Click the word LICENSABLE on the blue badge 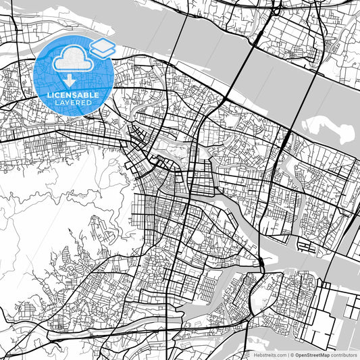[x=73, y=95]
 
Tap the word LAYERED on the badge [x=73, y=103]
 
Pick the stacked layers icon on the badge [x=102, y=48]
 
